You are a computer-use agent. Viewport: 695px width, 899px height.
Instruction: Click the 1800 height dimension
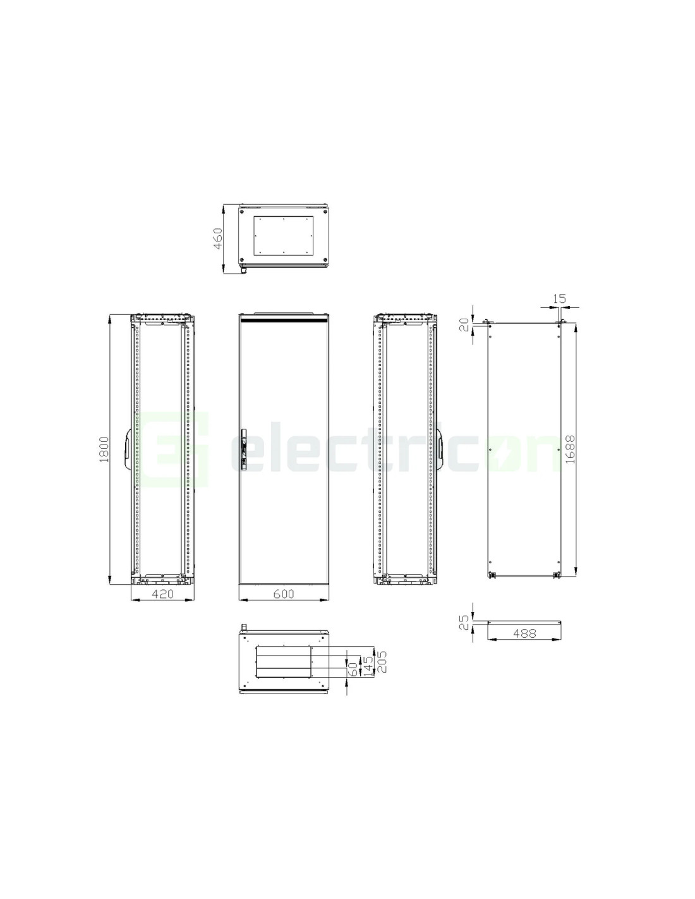click(x=104, y=448)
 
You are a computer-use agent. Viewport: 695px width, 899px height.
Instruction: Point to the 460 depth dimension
click(x=217, y=238)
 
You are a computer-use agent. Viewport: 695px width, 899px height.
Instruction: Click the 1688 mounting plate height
click(x=570, y=449)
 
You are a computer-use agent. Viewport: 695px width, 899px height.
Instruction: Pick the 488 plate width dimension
click(x=524, y=633)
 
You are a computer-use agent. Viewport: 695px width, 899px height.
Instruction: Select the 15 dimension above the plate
click(x=559, y=298)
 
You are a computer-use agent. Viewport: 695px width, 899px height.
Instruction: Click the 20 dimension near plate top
click(x=466, y=325)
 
